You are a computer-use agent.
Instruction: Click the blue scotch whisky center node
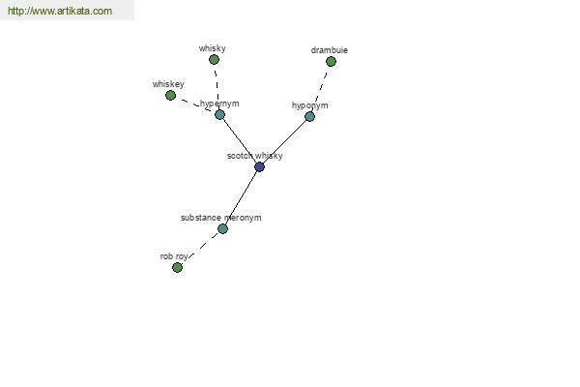[260, 166]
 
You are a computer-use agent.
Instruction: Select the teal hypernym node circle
[219, 114]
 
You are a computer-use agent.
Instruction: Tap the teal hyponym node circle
[309, 117]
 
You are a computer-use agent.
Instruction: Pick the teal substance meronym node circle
[222, 228]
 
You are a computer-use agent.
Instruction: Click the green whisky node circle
[214, 59]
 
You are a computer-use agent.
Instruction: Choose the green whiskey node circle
[170, 95]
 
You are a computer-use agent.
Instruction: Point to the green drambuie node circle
[331, 61]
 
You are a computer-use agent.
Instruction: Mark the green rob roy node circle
[177, 267]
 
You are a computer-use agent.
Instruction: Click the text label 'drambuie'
[330, 50]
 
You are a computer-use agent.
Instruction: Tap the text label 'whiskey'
[168, 84]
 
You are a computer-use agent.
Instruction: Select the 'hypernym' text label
[219, 104]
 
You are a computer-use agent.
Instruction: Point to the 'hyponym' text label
[309, 105]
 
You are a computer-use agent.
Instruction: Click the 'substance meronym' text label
[220, 218]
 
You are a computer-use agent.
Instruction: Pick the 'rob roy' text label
[174, 256]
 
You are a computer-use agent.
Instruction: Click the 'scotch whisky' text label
[255, 156]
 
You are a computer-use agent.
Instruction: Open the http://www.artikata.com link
[60, 11]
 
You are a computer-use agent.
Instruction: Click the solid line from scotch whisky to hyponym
[285, 141]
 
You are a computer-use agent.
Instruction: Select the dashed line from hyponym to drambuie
[320, 89]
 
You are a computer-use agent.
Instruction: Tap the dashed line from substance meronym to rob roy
[200, 248]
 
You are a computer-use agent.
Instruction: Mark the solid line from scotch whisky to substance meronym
[241, 197]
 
